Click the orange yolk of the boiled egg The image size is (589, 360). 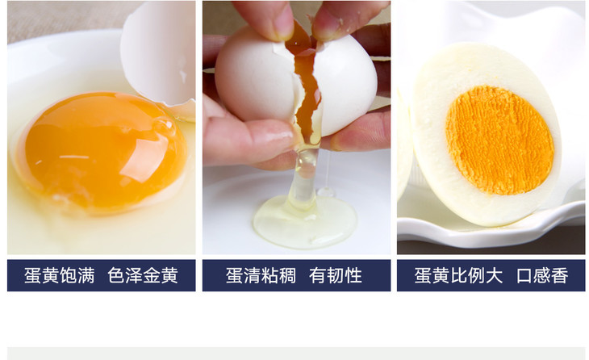tap(499, 140)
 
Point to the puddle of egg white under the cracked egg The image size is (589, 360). tap(305, 223)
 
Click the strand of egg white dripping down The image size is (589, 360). tap(305, 177)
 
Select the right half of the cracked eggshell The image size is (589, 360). tap(345, 82)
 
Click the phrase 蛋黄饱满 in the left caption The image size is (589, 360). tap(60, 275)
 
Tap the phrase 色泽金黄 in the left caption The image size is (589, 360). tap(143, 275)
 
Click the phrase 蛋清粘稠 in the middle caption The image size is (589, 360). tap(261, 275)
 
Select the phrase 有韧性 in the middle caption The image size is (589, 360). tap(336, 275)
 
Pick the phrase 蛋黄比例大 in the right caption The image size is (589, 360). tap(458, 275)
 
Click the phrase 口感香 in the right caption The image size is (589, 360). tap(542, 275)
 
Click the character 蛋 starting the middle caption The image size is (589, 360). tap(234, 275)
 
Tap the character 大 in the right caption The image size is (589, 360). tap(494, 275)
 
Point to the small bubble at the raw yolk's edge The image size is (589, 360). tap(164, 126)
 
